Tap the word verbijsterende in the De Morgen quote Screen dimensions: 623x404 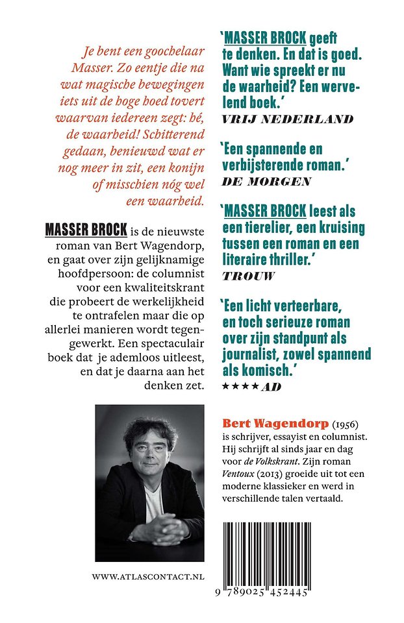pyautogui.click(x=266, y=166)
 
